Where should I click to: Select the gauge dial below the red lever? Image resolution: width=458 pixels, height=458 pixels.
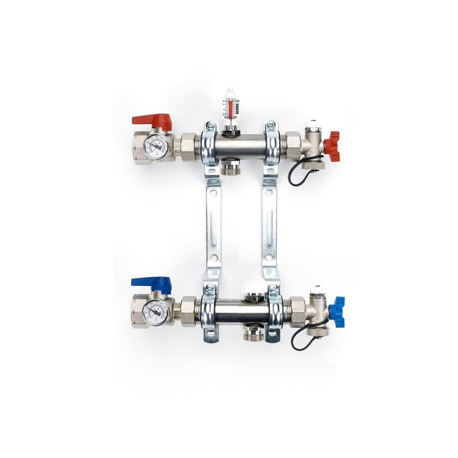(156, 147)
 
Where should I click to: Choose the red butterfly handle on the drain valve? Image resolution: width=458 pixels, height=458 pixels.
(332, 145)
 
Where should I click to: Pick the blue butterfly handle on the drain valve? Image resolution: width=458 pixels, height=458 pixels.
(337, 311)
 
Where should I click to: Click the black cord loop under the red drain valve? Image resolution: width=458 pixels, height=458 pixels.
(299, 173)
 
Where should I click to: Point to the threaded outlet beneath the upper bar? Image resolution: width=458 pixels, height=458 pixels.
(230, 168)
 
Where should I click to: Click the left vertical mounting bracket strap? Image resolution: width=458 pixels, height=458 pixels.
(213, 225)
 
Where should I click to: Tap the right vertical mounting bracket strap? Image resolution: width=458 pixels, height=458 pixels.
(269, 225)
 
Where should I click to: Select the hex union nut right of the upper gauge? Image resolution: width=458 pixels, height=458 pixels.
(188, 147)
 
